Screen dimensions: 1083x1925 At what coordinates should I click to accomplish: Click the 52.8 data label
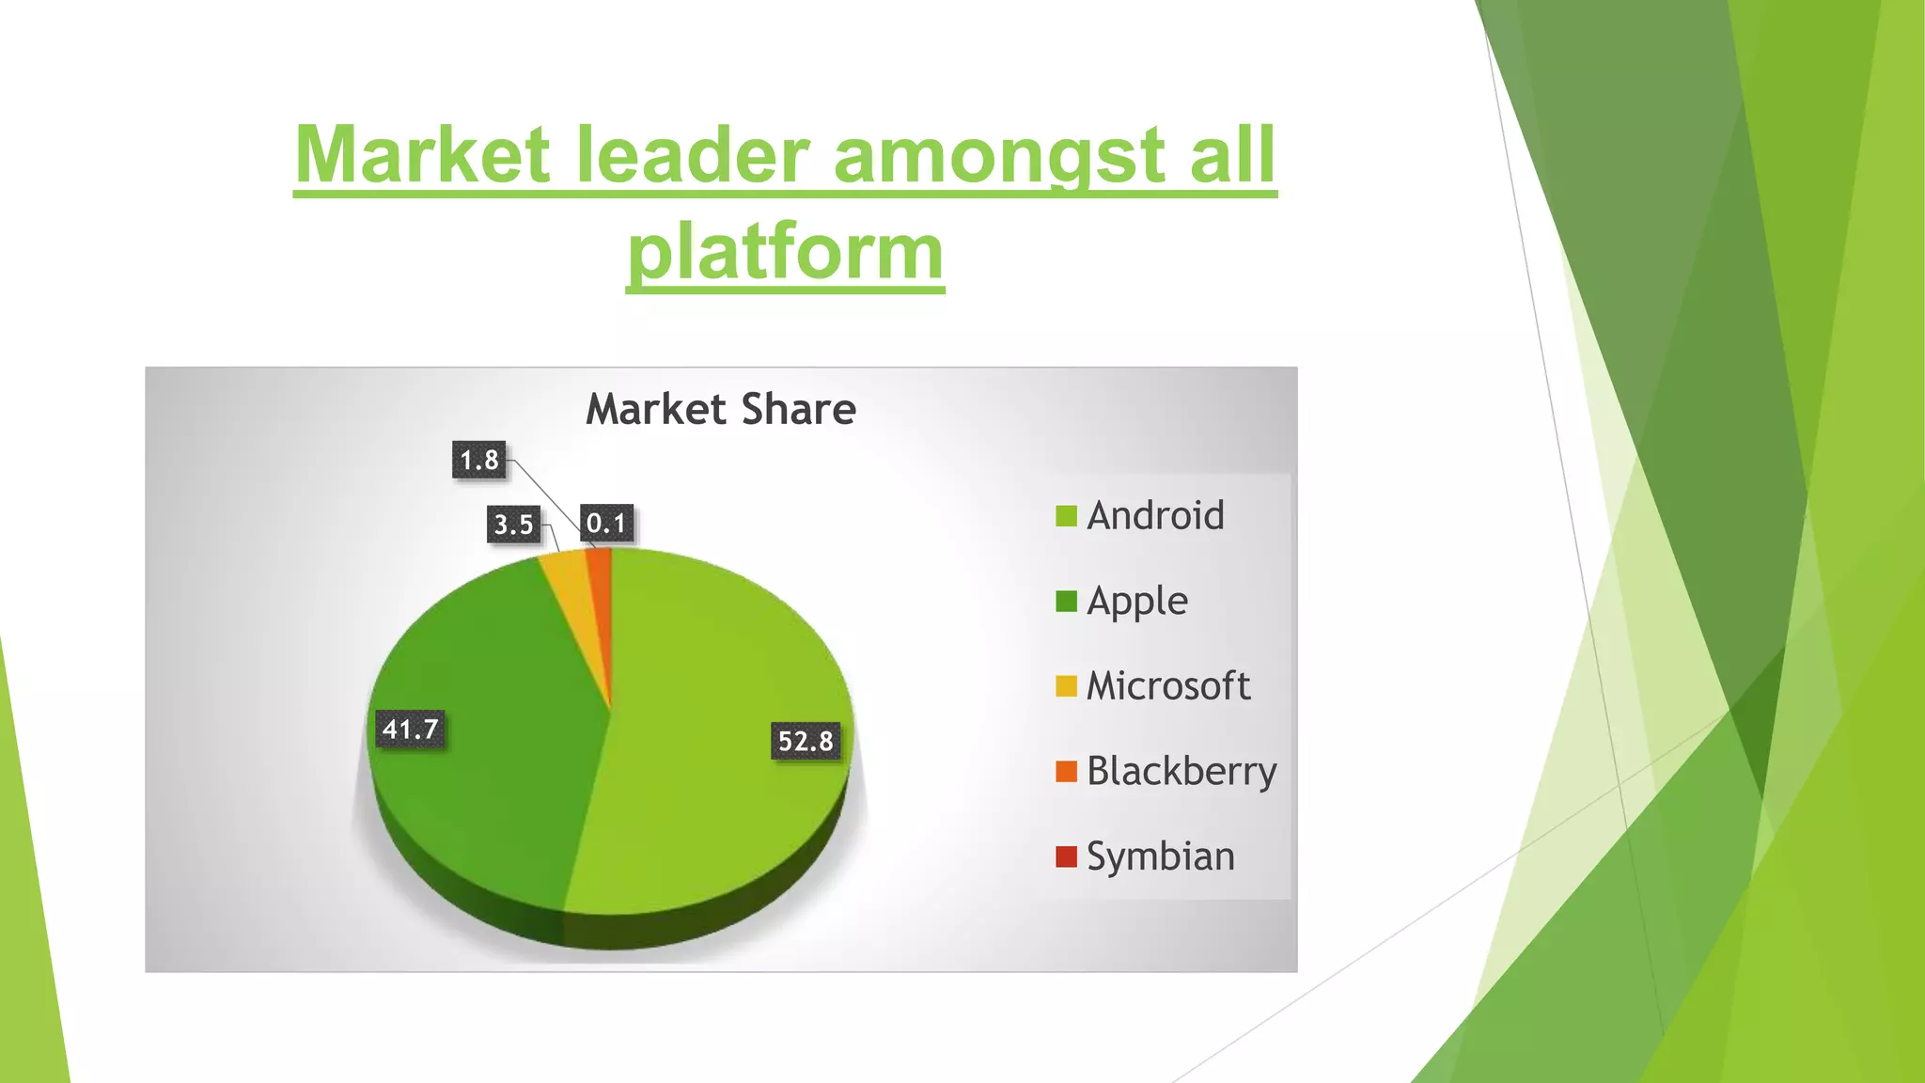806,741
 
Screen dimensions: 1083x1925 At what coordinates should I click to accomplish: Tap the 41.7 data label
410,730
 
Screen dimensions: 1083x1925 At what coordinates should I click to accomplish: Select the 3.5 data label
514,524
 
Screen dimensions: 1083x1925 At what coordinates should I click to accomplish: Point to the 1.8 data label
479,460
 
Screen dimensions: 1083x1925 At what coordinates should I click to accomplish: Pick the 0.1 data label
606,523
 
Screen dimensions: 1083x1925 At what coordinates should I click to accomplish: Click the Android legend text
1155,516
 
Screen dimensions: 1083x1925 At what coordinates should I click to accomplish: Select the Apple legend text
1137,602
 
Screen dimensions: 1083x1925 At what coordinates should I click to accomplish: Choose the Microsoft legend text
1168,686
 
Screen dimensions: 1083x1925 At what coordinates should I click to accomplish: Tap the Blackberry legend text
1182,772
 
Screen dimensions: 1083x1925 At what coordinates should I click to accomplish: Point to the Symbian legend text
1161,856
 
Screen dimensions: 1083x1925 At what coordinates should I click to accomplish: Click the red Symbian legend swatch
1066,856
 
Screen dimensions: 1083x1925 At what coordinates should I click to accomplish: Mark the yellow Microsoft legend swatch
1066,686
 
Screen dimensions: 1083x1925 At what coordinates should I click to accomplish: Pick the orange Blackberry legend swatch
1066,772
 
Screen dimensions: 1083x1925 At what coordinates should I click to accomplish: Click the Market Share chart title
721,410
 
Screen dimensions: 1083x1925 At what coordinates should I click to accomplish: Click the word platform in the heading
786,252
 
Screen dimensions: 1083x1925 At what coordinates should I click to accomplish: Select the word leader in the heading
693,155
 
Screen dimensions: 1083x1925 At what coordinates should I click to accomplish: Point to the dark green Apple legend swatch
1066,602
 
